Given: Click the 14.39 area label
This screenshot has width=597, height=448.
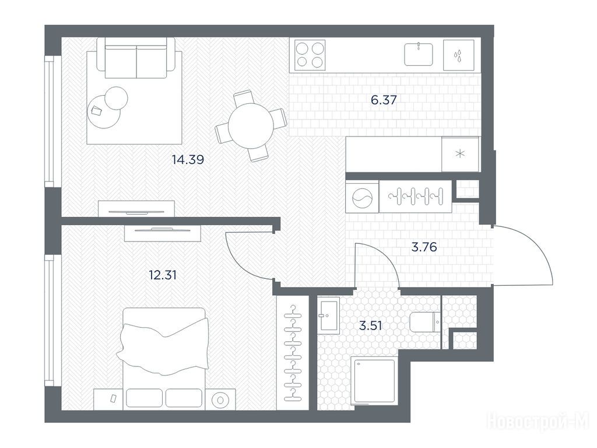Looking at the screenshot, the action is click(188, 159).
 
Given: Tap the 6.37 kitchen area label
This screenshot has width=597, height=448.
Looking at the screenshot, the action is click(384, 100).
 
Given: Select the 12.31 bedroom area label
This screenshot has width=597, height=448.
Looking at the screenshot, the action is click(163, 275).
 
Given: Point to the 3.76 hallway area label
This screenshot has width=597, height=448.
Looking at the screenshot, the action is click(424, 247).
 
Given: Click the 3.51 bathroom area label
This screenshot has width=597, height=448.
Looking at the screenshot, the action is click(370, 325).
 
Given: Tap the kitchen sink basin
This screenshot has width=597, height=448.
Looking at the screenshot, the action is click(419, 54).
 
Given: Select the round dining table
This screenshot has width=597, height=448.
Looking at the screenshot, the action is click(251, 126).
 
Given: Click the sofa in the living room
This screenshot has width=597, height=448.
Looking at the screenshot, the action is click(136, 58).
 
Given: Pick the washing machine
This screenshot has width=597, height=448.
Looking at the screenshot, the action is click(362, 197).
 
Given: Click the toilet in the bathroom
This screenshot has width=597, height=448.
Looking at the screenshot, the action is click(425, 322).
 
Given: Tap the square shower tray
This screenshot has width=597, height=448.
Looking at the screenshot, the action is click(373, 381).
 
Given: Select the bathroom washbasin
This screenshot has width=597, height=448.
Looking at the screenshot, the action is click(328, 316).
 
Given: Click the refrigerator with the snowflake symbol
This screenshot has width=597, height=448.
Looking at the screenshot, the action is click(461, 154).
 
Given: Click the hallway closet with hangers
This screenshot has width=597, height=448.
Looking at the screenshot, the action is click(416, 197).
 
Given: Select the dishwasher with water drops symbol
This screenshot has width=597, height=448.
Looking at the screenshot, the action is click(459, 55).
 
